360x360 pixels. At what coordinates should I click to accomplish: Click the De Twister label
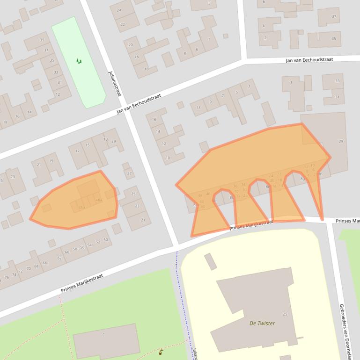[x=262, y=323]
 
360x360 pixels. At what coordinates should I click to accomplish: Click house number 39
[x=42, y=40]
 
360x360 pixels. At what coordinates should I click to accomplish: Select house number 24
[x=119, y=10]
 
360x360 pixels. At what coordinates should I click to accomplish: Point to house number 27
[x=129, y=173]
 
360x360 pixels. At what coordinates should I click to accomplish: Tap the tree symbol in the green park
[x=79, y=61]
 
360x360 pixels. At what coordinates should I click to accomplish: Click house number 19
[x=51, y=161]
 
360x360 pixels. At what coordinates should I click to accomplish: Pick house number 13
[x=106, y=139]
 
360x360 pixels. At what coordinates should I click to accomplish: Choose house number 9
[x=211, y=102]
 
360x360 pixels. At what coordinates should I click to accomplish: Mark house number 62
[x=59, y=258]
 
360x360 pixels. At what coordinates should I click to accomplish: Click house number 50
[x=106, y=240]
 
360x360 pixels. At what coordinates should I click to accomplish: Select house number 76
[x=7, y=278]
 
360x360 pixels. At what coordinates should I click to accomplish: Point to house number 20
[x=131, y=45]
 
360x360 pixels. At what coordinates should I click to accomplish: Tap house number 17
[x=77, y=151]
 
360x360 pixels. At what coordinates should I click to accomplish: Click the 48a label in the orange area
[x=98, y=200]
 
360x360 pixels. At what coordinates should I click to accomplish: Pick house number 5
[x=236, y=92]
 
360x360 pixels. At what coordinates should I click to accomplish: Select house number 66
[x=45, y=263]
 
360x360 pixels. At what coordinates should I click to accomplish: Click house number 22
[x=123, y=24]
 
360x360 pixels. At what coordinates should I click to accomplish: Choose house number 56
[x=82, y=247]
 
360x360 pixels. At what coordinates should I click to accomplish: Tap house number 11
[x=198, y=108]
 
